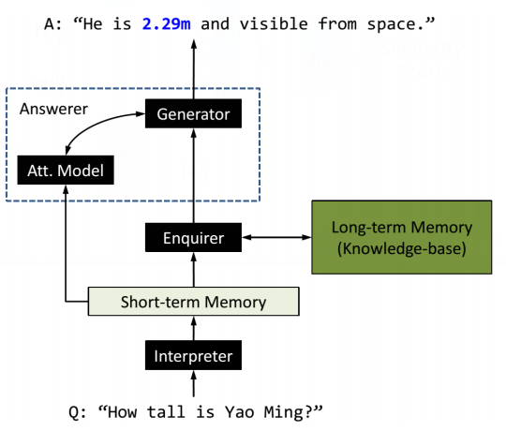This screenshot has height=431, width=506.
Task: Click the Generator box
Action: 193,115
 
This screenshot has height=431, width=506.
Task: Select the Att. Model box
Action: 67,171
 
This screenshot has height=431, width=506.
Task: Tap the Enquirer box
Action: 193,238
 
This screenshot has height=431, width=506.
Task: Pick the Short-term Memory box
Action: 193,302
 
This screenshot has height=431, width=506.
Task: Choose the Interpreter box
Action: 193,356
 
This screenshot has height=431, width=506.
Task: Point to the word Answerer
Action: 54,109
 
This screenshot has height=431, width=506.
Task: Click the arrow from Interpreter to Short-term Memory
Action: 193,329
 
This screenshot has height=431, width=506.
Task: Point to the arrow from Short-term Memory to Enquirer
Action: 193,270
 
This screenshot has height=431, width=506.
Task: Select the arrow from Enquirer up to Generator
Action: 193,178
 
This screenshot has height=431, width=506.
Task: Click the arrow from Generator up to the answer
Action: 193,70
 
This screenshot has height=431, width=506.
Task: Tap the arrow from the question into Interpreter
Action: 193,384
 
